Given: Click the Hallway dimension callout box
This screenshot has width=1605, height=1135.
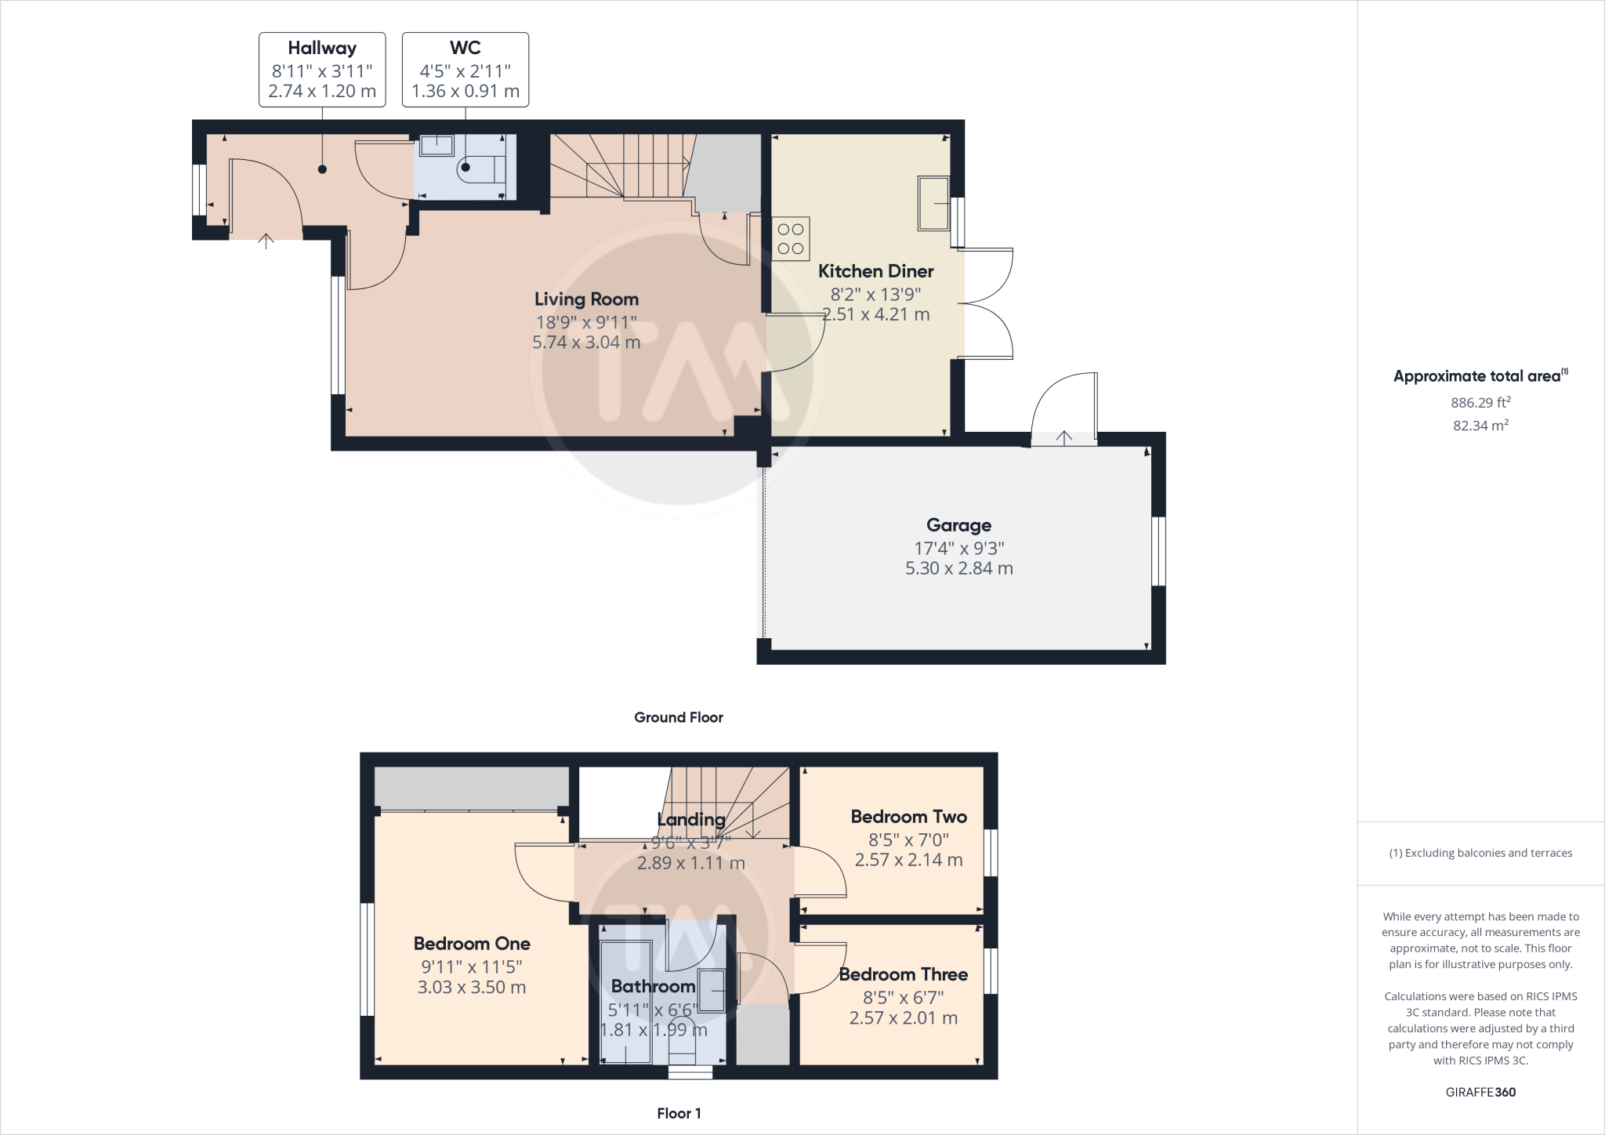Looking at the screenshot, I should [322, 70].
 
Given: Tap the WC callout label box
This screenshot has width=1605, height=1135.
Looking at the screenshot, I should [466, 70].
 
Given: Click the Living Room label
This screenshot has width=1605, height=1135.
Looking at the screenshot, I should [586, 299].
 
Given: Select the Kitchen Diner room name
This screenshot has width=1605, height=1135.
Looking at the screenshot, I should [875, 271].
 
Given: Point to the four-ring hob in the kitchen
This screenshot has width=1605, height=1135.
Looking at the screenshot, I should [791, 239].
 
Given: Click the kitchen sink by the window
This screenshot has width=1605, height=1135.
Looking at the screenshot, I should [933, 203].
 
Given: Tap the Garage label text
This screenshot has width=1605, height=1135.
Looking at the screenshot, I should [958, 525].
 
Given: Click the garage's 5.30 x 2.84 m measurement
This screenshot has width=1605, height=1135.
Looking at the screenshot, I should [958, 568].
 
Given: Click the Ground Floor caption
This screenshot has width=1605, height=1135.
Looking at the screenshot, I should [678, 717].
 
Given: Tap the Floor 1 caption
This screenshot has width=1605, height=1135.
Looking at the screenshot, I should [679, 1113].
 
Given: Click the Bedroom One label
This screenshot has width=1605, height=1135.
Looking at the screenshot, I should [472, 944].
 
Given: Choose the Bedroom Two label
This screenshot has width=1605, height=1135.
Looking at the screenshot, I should [908, 817].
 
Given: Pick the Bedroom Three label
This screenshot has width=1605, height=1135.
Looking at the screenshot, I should [903, 974].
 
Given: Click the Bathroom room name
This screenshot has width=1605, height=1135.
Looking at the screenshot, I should [653, 986].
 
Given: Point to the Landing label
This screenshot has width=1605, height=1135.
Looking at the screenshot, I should [690, 820].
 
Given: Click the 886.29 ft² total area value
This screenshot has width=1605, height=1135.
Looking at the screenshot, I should [1480, 403].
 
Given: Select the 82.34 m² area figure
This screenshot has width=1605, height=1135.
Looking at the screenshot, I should [1480, 426].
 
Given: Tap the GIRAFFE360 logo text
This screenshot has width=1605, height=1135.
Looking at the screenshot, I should [1480, 1092].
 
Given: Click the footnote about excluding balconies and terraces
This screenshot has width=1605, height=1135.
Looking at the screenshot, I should [1480, 853].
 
